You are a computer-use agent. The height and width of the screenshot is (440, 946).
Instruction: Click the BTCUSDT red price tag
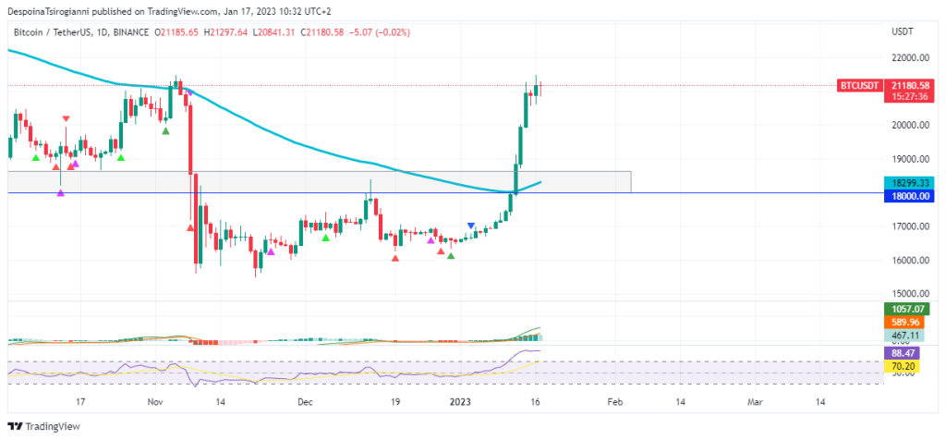(x=858, y=85)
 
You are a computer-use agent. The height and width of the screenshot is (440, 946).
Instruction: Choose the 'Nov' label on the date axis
(x=154, y=403)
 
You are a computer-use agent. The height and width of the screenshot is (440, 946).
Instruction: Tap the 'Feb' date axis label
(x=614, y=403)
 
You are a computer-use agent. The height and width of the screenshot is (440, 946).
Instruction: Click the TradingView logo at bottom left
(x=43, y=426)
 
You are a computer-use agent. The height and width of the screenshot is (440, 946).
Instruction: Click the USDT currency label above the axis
(x=902, y=32)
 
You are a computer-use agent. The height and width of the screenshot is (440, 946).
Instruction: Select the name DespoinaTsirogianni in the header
(x=48, y=11)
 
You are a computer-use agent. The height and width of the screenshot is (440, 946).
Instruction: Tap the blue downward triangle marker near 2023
(x=471, y=226)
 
